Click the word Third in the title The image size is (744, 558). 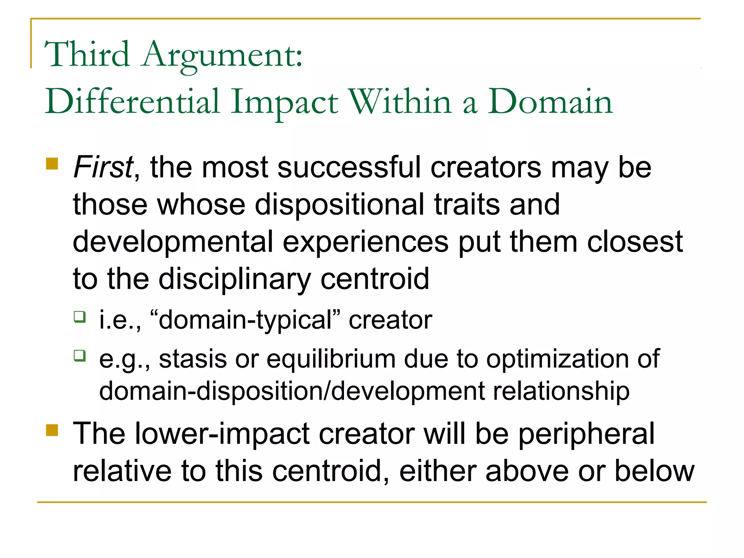87,54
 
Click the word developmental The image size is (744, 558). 173,242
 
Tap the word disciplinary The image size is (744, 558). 235,279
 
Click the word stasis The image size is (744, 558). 193,359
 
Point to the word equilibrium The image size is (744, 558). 331,359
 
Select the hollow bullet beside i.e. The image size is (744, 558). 80,317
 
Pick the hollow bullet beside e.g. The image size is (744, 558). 80,355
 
